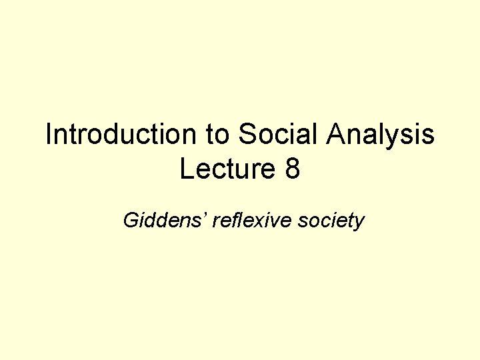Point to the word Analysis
click(381, 136)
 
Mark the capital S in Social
click(247, 135)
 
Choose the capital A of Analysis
click(335, 135)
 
